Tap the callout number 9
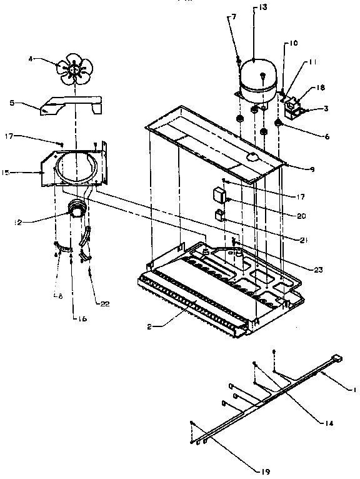[304, 168]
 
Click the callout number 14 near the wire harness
[311, 423]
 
